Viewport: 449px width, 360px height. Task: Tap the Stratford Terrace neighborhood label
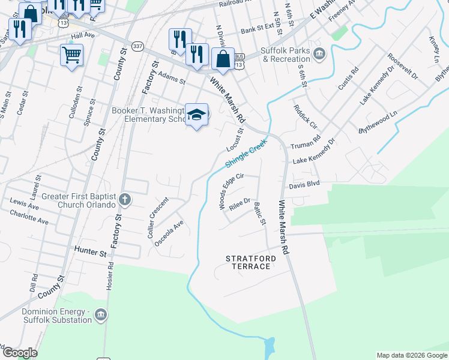251,262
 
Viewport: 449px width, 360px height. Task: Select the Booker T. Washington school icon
196,114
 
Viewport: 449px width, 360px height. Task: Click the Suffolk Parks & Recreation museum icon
319,55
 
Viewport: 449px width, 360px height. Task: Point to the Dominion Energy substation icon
101,315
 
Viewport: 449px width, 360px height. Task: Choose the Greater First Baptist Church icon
124,200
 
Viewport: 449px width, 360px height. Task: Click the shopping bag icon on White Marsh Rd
223,59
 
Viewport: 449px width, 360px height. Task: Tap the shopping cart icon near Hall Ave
71,55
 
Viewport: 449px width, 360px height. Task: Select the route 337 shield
137,46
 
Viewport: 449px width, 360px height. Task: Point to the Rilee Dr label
239,204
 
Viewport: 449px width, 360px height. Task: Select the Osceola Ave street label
169,234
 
